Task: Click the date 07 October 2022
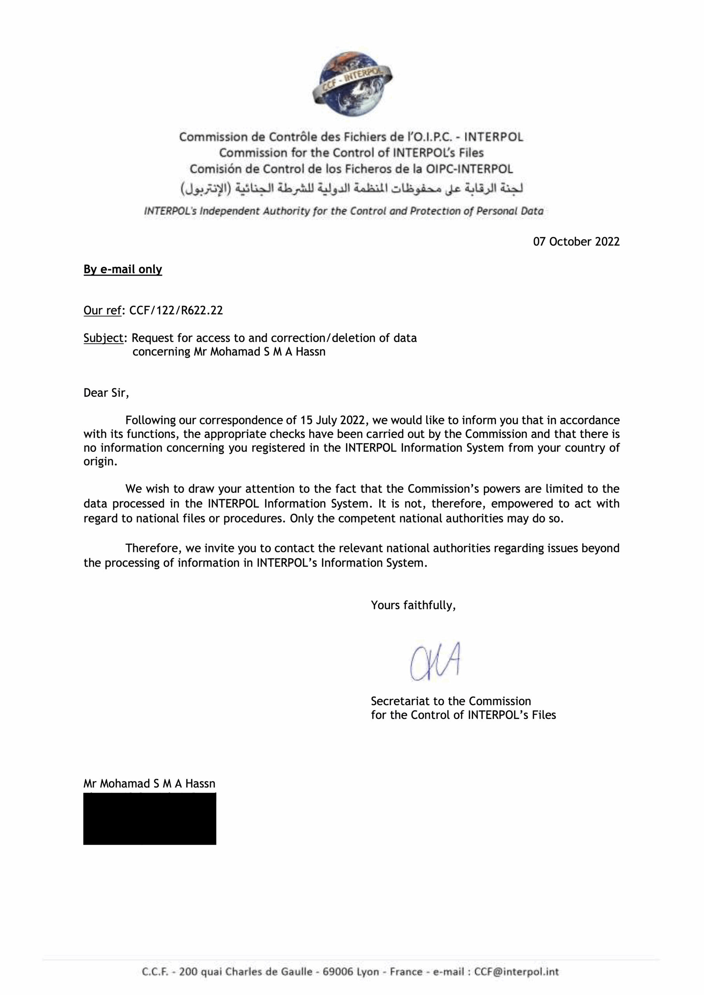576,242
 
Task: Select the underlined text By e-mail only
123,270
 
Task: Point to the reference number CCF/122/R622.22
176,310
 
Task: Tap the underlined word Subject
103,338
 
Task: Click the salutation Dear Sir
106,393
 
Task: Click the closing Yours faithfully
413,605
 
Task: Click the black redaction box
150,819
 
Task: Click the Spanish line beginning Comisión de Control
351,169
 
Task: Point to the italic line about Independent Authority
343,211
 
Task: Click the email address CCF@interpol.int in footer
516,972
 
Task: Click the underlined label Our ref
102,310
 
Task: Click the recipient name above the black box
149,784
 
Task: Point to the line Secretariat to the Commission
451,701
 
